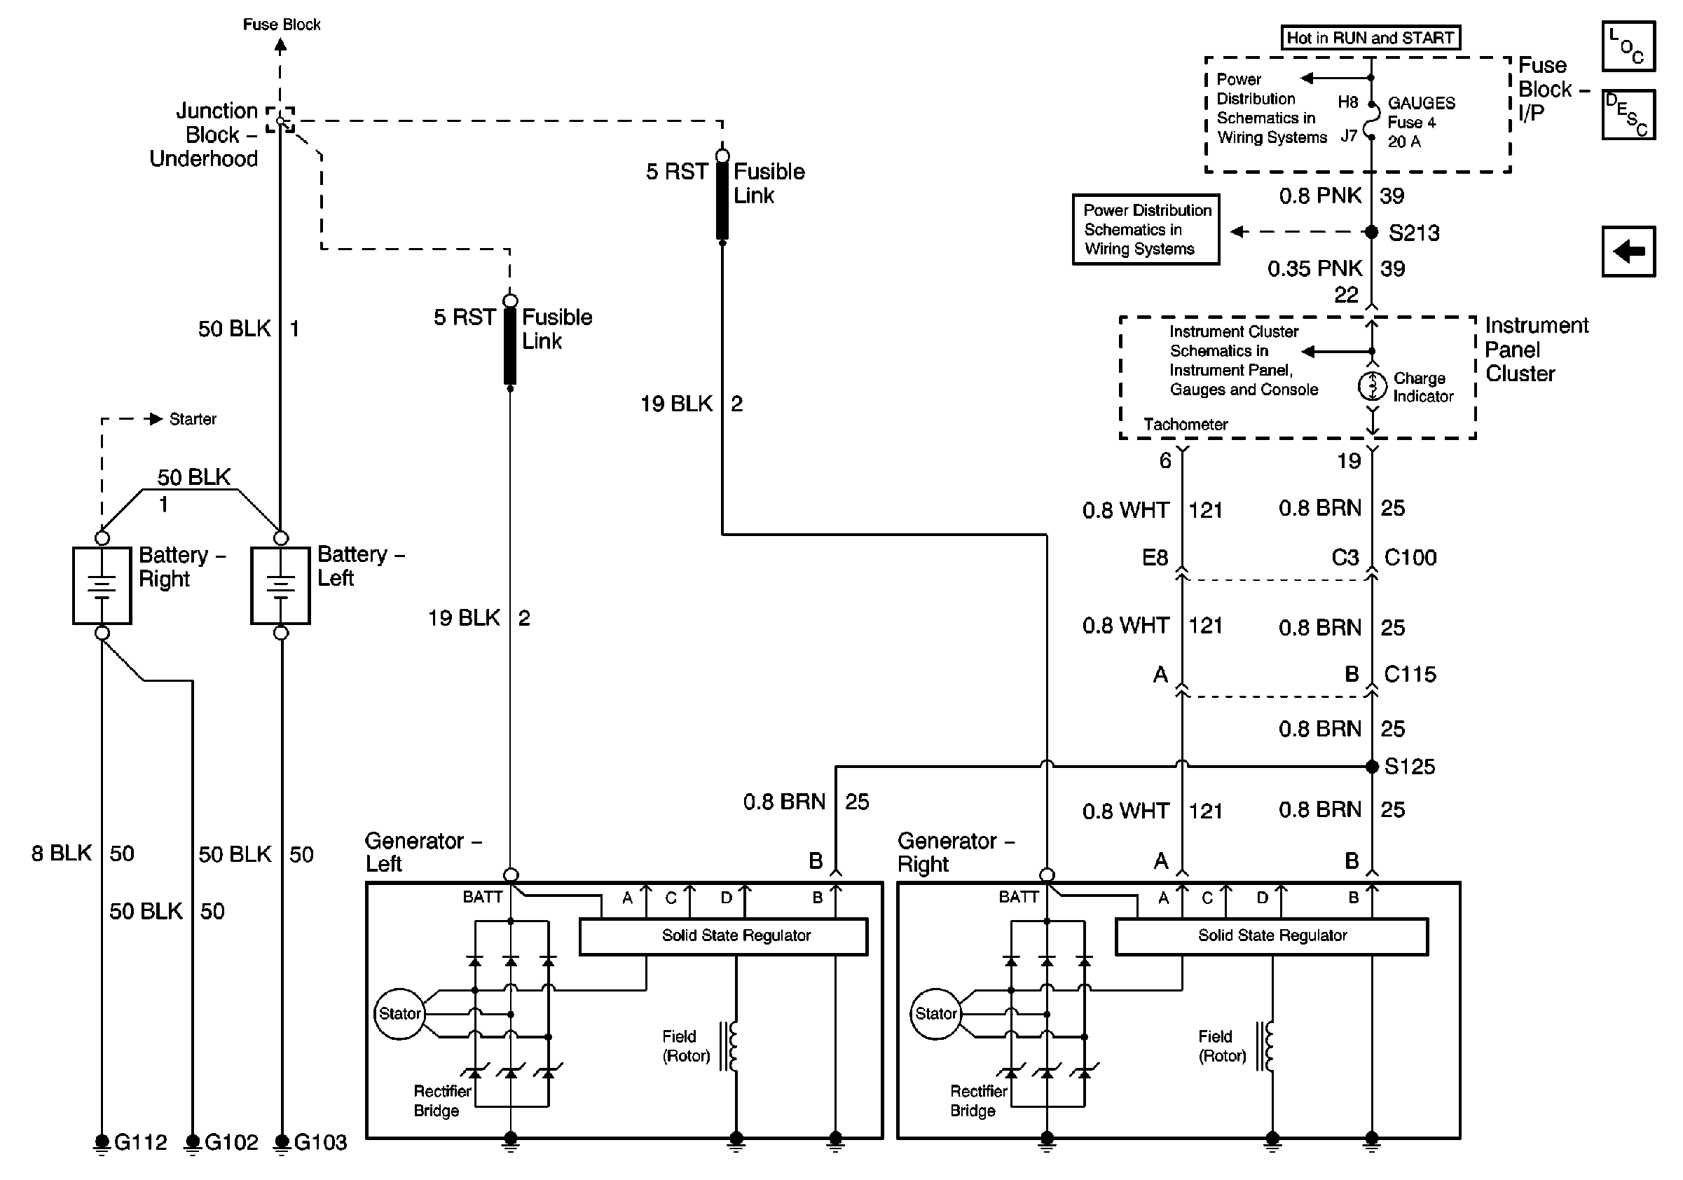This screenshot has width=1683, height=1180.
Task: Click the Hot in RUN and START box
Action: click(x=1370, y=37)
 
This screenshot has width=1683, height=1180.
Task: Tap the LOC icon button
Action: click(x=1628, y=47)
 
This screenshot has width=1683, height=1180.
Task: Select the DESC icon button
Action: click(x=1628, y=114)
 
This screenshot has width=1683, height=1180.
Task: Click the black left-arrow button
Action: click(x=1628, y=252)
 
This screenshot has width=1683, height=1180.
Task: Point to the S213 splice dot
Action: click(x=1371, y=232)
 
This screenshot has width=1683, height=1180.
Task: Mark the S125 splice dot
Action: click(x=1372, y=767)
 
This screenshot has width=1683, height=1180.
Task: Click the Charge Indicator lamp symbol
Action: click(x=1372, y=385)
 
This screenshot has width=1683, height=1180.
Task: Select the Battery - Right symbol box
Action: click(x=102, y=585)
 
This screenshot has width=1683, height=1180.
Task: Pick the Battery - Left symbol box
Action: click(x=281, y=585)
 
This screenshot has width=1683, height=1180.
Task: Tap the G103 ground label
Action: click(x=320, y=1142)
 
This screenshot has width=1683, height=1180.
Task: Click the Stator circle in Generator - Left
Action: click(x=399, y=1014)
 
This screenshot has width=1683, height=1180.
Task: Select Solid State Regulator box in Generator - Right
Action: click(x=1272, y=936)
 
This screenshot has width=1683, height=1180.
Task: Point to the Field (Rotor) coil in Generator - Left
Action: click(x=731, y=1046)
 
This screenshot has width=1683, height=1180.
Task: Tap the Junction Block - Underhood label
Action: click(x=205, y=135)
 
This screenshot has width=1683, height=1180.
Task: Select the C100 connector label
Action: click(x=1410, y=558)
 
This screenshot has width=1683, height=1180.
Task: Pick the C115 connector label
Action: click(x=1410, y=674)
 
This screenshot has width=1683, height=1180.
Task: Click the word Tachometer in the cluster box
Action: click(x=1186, y=425)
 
